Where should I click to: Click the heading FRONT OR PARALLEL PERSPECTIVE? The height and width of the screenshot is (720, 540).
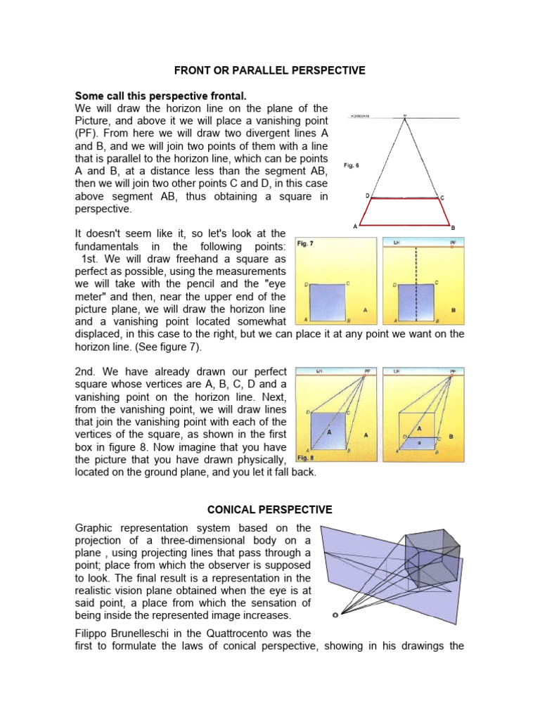click(269, 70)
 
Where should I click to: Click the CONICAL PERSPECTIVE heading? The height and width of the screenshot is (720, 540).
click(269, 509)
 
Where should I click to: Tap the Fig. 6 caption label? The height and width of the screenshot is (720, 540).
click(352, 165)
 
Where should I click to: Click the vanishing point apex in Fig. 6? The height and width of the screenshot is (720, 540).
click(404, 118)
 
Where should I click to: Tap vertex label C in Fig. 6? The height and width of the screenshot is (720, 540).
click(442, 198)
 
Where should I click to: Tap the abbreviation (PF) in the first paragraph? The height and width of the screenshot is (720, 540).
click(86, 134)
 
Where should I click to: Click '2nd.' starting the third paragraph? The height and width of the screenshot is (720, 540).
click(86, 371)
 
